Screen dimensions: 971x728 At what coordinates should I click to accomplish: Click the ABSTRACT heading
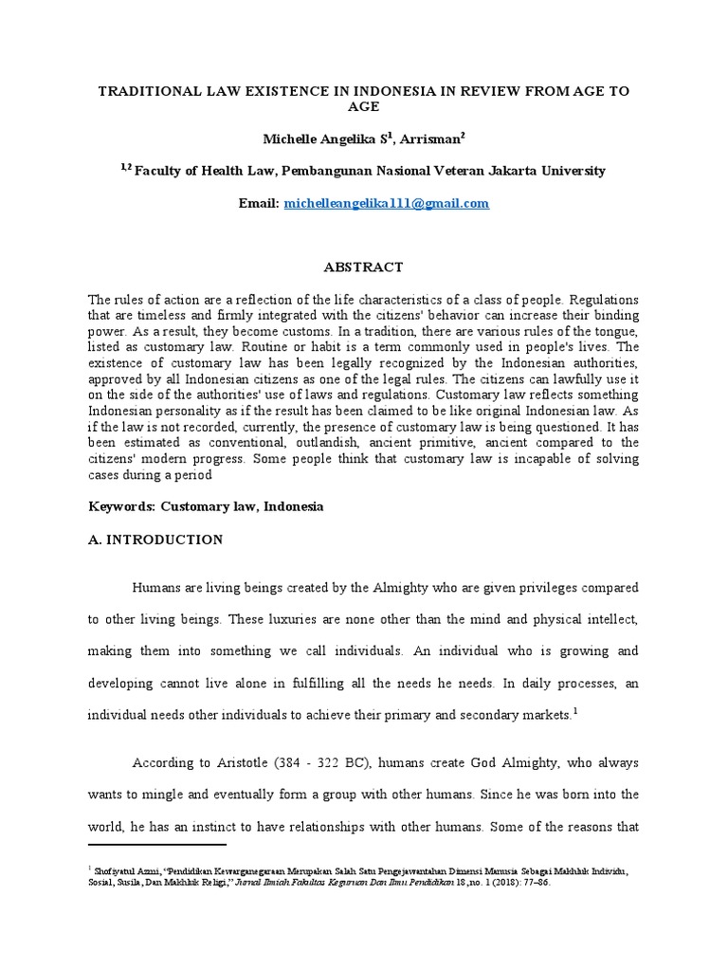363,267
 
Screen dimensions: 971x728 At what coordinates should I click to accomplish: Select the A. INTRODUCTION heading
155,540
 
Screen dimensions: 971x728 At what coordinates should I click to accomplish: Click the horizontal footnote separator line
156,844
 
